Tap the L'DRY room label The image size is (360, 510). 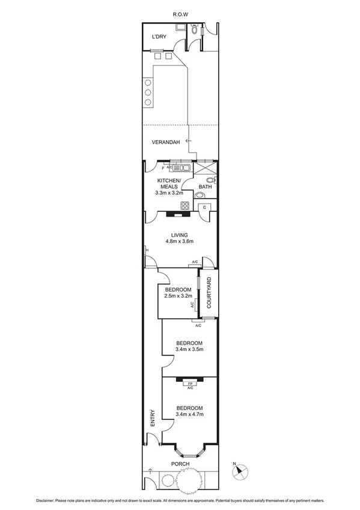click(159, 37)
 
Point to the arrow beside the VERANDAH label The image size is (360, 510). click(188, 141)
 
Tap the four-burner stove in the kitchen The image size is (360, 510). click(185, 206)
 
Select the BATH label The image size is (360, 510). click(205, 187)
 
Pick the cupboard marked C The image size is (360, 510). click(205, 207)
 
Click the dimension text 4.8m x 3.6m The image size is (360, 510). click(180, 242)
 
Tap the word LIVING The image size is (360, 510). click(180, 235)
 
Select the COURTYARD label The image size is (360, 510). click(209, 293)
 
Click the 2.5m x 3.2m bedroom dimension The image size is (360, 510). click(177, 296)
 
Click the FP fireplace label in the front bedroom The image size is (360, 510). click(191, 383)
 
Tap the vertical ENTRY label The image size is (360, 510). click(153, 419)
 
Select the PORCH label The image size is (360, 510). click(180, 464)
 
